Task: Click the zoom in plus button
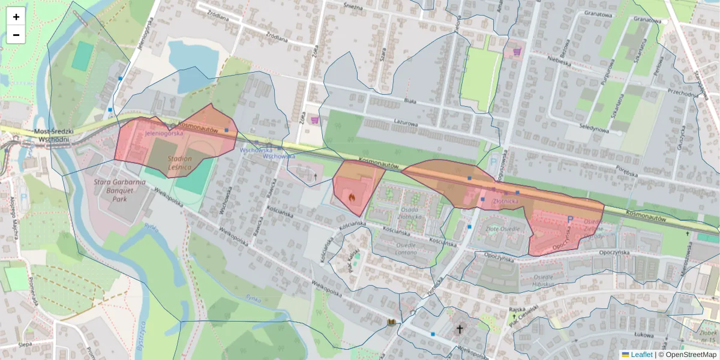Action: pyautogui.click(x=16, y=17)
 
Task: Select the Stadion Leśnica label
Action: pyautogui.click(x=179, y=163)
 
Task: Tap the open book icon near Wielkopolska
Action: pyautogui.click(x=391, y=323)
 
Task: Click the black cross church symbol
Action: pyautogui.click(x=460, y=329)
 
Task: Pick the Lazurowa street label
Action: pyautogui.click(x=405, y=123)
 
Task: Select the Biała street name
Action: pyautogui.click(x=410, y=101)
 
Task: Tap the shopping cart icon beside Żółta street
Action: pyautogui.click(x=314, y=120)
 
